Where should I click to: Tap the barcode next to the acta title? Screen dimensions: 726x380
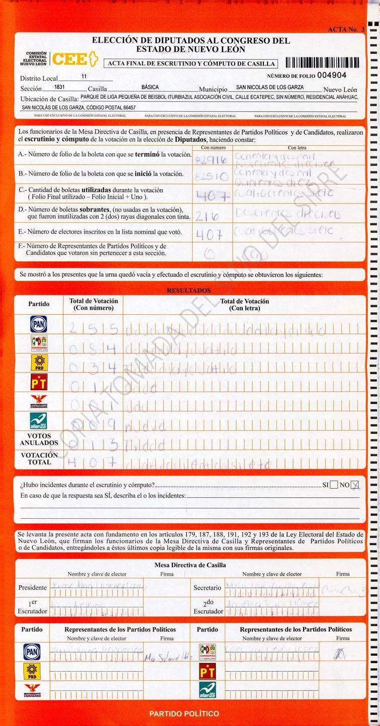(322, 63)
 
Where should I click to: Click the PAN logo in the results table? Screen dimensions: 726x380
(39, 324)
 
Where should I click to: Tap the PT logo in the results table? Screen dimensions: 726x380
(39, 384)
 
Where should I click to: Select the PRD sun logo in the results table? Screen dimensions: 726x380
(39, 364)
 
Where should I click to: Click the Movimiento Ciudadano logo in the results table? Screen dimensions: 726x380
(39, 402)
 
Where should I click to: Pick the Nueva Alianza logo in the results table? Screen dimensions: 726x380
(39, 421)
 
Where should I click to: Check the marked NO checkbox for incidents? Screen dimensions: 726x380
(356, 485)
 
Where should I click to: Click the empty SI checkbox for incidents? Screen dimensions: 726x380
(334, 485)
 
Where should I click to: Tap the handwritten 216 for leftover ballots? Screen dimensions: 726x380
(207, 216)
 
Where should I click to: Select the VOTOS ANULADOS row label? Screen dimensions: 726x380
(39, 439)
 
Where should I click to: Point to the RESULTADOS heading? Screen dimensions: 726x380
(188, 291)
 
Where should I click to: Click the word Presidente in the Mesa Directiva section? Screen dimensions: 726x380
(33, 587)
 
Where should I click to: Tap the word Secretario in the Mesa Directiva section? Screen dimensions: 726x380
(207, 587)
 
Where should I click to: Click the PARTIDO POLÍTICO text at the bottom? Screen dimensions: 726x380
(184, 713)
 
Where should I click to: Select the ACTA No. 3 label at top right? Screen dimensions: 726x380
(346, 30)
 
